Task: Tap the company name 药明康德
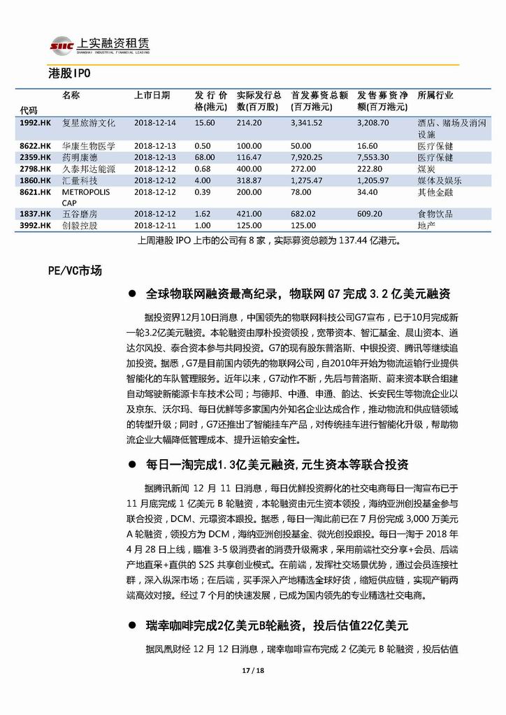(x=78, y=157)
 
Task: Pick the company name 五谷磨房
(x=78, y=215)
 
